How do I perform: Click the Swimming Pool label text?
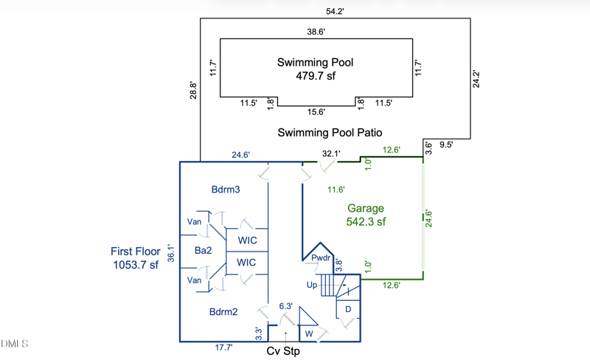315,63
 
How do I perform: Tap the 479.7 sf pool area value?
315,76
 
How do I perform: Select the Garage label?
366,208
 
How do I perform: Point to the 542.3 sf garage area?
366,221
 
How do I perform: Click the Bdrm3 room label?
225,190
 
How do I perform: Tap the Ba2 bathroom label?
204,251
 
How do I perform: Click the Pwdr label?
320,258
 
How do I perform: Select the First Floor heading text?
136,252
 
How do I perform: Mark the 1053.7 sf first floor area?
136,265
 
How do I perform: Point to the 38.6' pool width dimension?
316,32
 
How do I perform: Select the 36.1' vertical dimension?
172,254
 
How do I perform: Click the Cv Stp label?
283,351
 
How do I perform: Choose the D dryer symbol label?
348,309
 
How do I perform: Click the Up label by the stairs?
312,284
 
